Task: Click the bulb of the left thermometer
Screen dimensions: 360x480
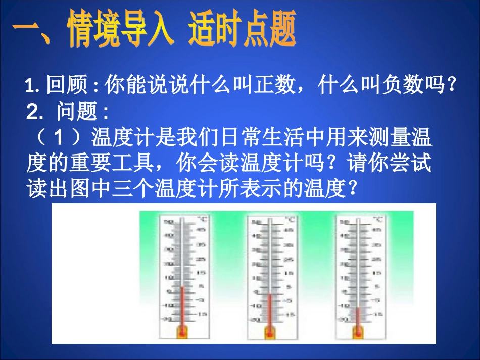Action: pyautogui.click(x=181, y=331)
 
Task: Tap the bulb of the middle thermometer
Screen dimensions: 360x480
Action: pyautogui.click(x=269, y=332)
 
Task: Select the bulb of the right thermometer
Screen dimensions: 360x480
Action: pyautogui.click(x=358, y=331)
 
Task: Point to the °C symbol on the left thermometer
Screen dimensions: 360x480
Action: pyautogui.click(x=202, y=219)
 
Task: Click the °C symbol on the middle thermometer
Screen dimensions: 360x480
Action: pyautogui.click(x=291, y=219)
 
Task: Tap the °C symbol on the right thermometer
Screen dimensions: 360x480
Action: pyautogui.click(x=378, y=219)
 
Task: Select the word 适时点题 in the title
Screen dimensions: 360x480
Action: pyautogui.click(x=242, y=31)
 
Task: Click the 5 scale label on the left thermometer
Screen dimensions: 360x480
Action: pyautogui.click(x=201, y=286)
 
